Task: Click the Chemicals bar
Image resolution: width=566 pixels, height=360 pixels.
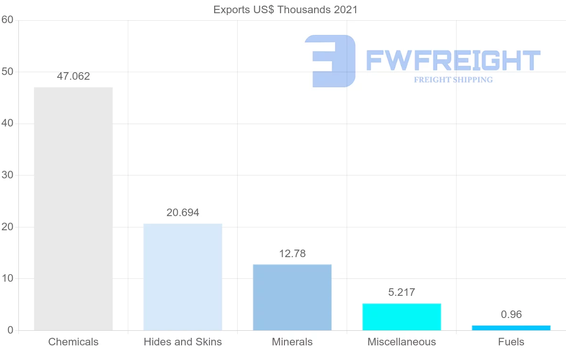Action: pos(73,209)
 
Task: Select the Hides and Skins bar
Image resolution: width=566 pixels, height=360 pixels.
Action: pos(183,277)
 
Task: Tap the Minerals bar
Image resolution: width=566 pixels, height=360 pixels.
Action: pos(292,297)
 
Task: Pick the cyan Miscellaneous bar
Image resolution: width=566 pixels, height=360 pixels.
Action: pos(401,317)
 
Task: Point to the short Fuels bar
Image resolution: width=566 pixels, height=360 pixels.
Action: pos(511,328)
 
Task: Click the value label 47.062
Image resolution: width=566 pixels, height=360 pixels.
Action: pos(73,76)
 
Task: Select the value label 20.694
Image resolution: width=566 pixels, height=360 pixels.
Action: pos(183,213)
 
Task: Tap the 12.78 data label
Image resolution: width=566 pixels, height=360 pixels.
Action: pos(292,254)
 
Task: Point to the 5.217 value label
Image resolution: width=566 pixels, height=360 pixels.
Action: pos(401,293)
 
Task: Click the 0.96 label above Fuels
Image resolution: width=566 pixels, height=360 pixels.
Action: pos(511,315)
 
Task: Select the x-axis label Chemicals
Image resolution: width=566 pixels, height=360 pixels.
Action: pos(73,342)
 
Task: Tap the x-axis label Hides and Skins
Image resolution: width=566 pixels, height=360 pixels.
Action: pos(183,342)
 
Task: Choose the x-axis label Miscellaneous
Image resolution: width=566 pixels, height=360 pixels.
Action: pos(401,342)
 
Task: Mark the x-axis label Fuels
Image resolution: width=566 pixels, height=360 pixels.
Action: pos(511,342)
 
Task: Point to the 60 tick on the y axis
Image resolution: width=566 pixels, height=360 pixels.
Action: pos(7,20)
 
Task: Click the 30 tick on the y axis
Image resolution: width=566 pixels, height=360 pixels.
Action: pos(7,176)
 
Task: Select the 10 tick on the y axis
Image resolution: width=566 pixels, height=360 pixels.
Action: pos(7,279)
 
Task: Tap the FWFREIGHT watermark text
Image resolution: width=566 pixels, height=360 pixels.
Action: pos(453,61)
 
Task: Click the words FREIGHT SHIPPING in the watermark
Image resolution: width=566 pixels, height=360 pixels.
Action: pos(453,80)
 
